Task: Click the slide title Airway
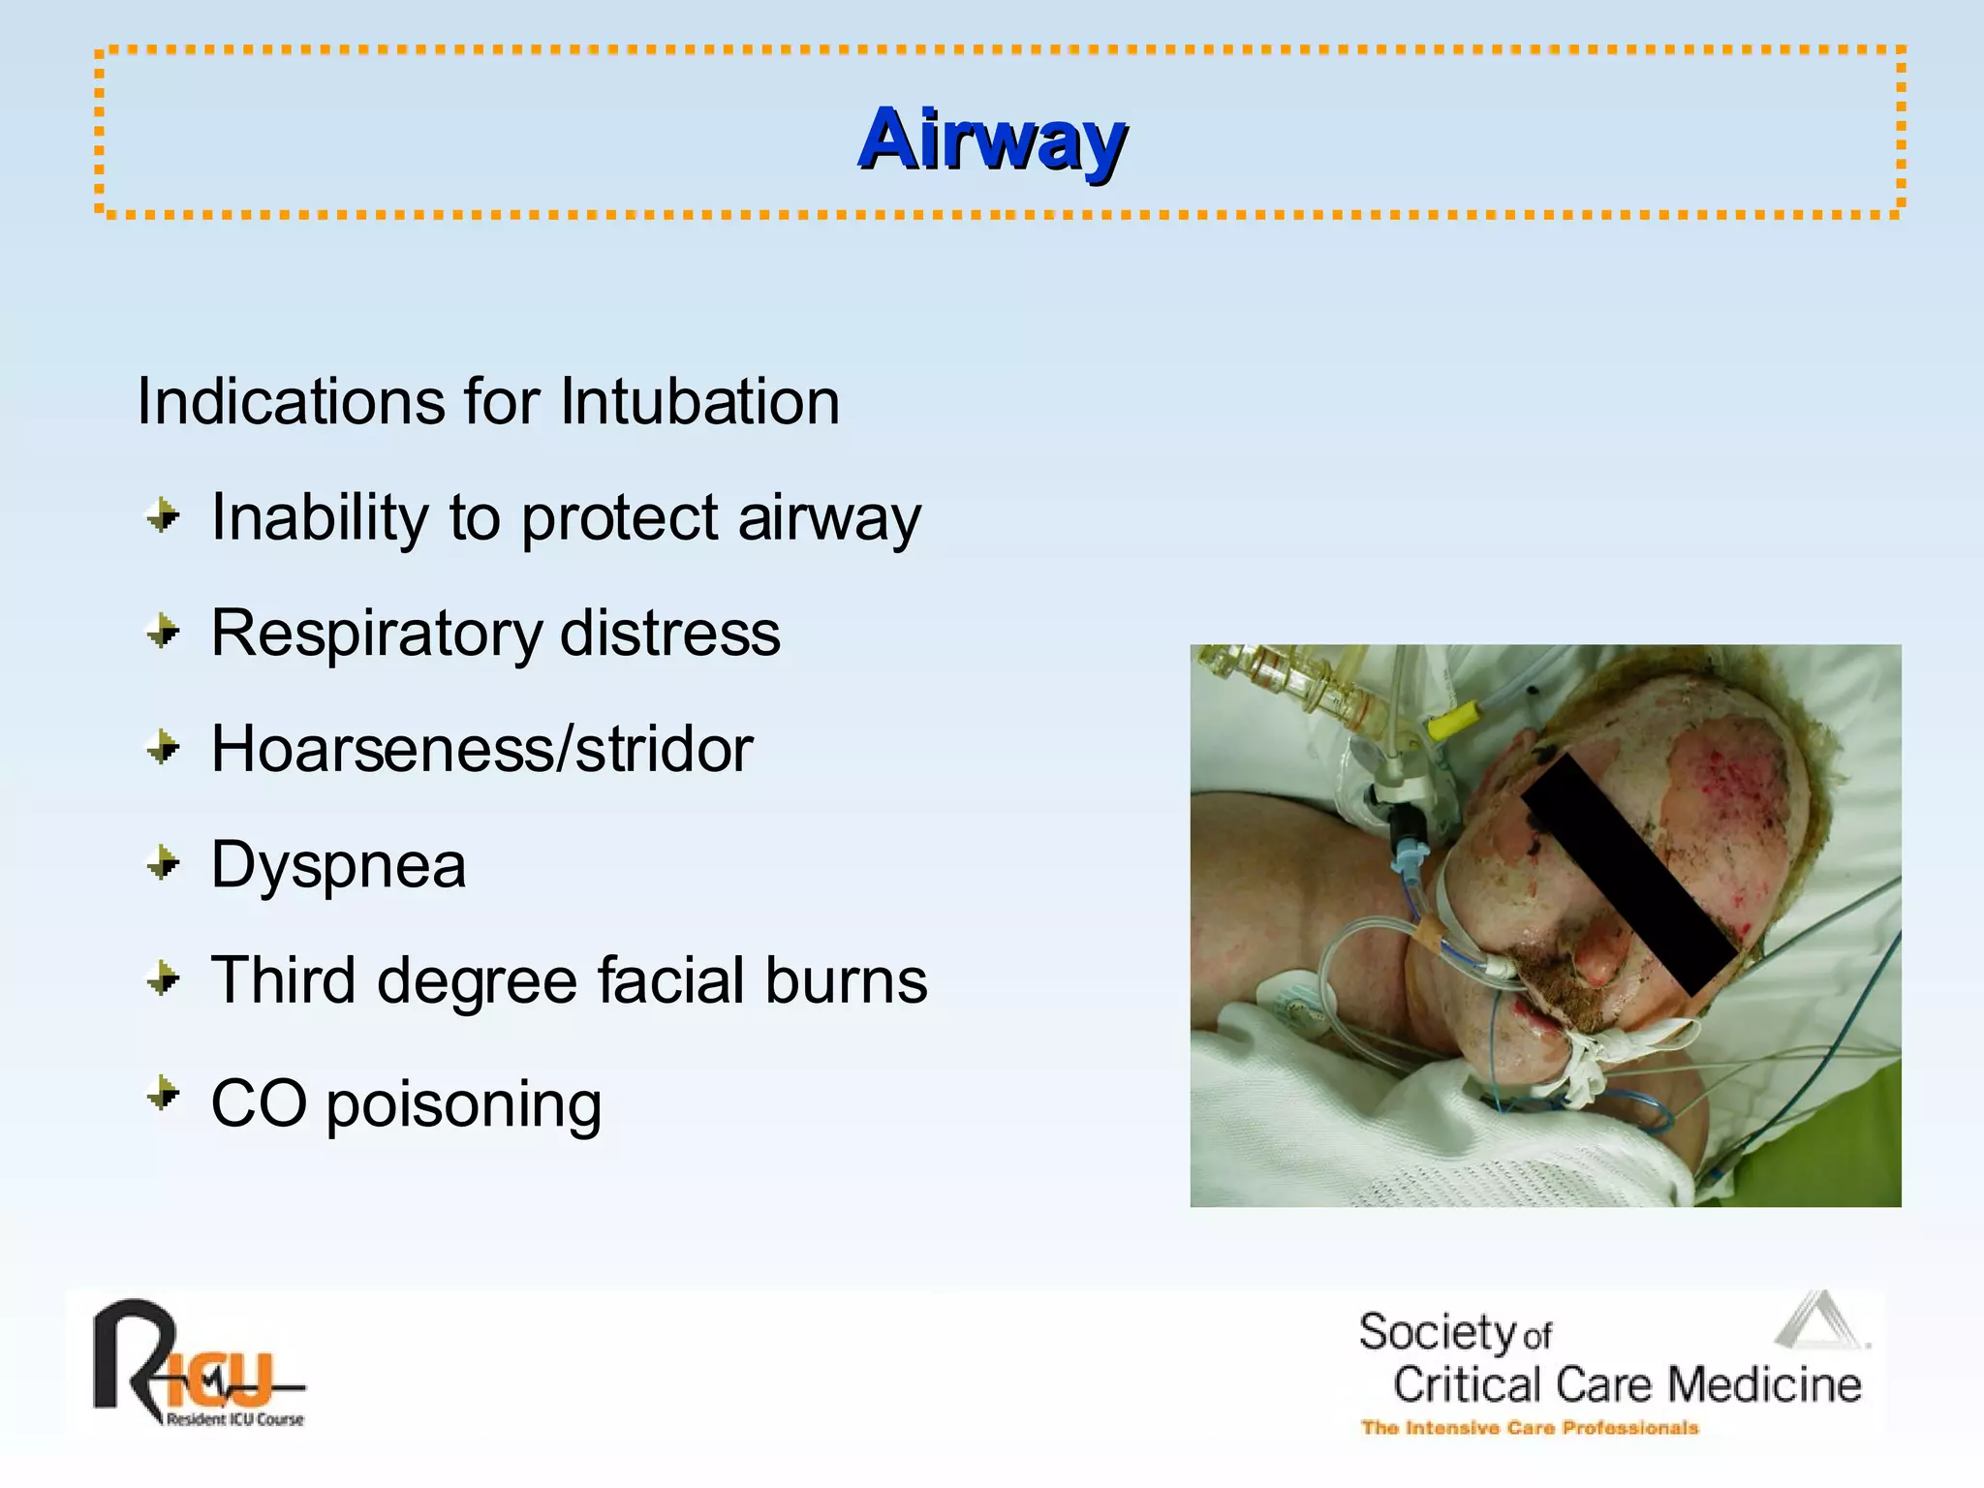pyautogui.click(x=992, y=140)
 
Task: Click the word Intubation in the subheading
pyautogui.click(x=699, y=401)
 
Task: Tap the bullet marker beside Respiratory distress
pyautogui.click(x=164, y=633)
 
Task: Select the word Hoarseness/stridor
pyautogui.click(x=481, y=749)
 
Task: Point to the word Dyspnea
pyautogui.click(x=338, y=864)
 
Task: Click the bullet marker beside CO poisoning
pyautogui.click(x=164, y=1096)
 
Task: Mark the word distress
pyautogui.click(x=669, y=634)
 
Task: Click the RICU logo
pyautogui.click(x=194, y=1361)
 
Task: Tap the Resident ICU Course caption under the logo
pyautogui.click(x=234, y=1420)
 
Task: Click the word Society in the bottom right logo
pyautogui.click(x=1436, y=1333)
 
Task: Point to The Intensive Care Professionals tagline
pyautogui.click(x=1530, y=1428)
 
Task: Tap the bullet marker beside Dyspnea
pyautogui.click(x=164, y=862)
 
